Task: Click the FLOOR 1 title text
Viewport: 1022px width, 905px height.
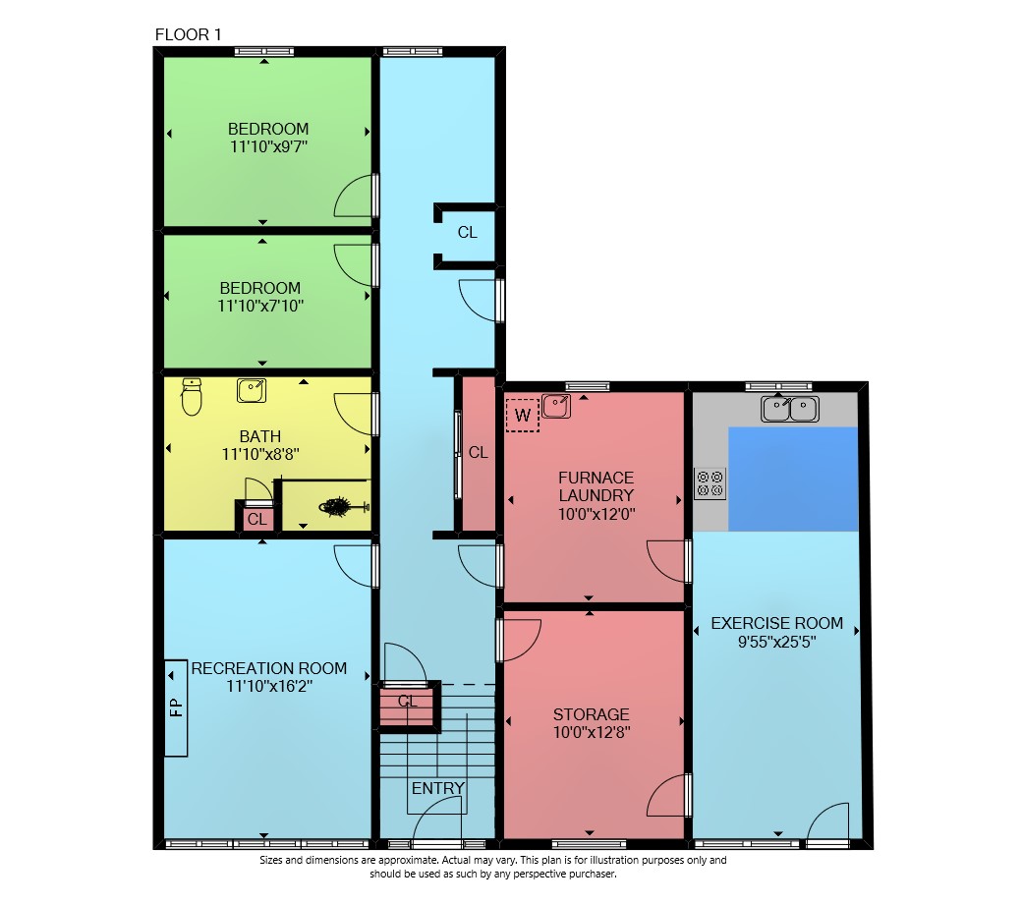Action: point(189,34)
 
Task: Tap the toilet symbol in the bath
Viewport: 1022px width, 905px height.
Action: point(192,397)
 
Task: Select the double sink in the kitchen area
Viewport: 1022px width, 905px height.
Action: point(790,409)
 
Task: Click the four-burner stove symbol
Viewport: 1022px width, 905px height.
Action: point(710,483)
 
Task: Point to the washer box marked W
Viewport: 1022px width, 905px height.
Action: point(523,415)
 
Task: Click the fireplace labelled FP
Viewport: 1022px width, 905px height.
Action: point(176,708)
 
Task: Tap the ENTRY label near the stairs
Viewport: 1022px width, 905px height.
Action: point(438,788)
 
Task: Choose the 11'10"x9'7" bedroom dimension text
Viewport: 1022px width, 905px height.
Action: point(268,146)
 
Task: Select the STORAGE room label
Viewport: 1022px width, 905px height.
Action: point(592,714)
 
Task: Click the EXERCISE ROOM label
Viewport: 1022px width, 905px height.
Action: point(777,624)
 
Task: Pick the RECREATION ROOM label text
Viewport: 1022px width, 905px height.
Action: point(268,668)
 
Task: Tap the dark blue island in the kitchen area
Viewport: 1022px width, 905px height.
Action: point(793,479)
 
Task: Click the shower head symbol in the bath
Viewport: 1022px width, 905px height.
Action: point(343,507)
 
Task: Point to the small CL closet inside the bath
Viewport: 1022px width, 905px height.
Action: point(256,519)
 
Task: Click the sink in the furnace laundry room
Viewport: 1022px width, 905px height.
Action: point(556,407)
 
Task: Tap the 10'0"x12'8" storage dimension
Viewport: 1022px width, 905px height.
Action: point(592,732)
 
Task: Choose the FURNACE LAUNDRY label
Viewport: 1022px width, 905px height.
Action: point(596,486)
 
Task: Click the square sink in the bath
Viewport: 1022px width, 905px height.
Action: point(252,391)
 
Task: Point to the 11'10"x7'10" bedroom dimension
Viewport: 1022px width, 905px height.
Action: point(260,306)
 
